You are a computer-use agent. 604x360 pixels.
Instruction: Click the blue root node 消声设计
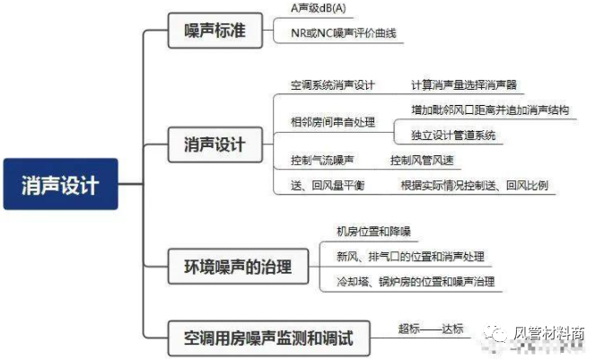point(60,185)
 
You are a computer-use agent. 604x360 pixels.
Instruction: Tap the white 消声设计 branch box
point(214,143)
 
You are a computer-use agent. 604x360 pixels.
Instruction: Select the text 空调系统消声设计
point(332,85)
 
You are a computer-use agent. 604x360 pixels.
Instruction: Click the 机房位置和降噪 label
point(373,232)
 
